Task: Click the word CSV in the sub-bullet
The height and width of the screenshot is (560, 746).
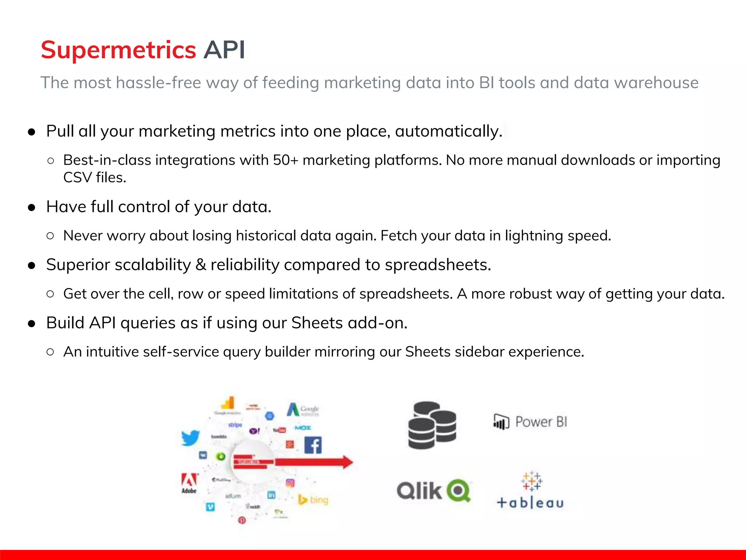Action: (77, 178)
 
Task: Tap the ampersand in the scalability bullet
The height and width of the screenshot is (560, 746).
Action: (200, 265)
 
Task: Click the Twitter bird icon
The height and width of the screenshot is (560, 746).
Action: (191, 438)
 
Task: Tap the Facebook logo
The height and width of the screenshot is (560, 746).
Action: (313, 445)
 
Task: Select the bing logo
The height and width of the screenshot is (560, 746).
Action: (313, 499)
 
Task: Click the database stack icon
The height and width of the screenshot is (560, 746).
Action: (432, 425)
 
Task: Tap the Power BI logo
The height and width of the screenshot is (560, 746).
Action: (530, 422)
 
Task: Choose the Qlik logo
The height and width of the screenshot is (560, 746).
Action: (433, 491)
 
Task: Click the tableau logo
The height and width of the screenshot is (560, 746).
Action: (530, 490)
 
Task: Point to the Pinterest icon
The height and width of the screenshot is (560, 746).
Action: (242, 520)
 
